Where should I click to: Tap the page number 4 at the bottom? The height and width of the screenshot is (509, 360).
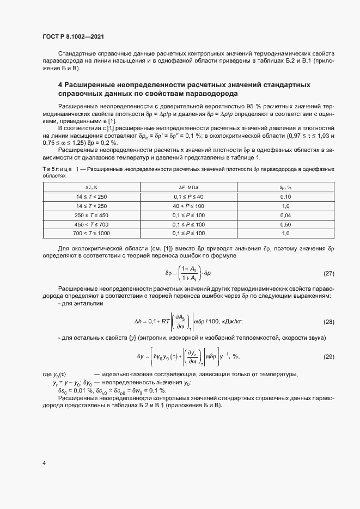(x=44, y=463)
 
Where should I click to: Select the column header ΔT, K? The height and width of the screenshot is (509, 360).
(x=84, y=187)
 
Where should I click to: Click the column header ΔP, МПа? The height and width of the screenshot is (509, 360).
(x=188, y=187)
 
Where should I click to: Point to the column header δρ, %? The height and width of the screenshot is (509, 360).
(x=285, y=187)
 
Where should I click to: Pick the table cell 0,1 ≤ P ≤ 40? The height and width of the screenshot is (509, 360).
(x=188, y=197)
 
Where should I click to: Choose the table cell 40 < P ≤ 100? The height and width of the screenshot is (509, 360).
(x=188, y=206)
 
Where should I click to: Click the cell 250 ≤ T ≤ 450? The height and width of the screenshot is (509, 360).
(x=84, y=216)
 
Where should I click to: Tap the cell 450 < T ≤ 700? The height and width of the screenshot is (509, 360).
(x=84, y=224)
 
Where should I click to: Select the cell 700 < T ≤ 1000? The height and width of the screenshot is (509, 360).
(x=84, y=234)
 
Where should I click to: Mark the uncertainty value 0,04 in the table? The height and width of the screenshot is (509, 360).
(x=285, y=216)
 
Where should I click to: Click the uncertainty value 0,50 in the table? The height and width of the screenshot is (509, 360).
(x=285, y=224)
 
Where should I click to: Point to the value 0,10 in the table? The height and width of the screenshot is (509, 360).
(x=285, y=197)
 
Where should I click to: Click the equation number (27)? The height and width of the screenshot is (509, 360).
(x=328, y=273)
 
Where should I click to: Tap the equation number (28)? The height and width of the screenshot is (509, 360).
(x=328, y=322)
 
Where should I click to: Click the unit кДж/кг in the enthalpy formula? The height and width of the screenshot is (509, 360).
(x=231, y=322)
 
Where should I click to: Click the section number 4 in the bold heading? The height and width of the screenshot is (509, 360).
(x=60, y=85)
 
